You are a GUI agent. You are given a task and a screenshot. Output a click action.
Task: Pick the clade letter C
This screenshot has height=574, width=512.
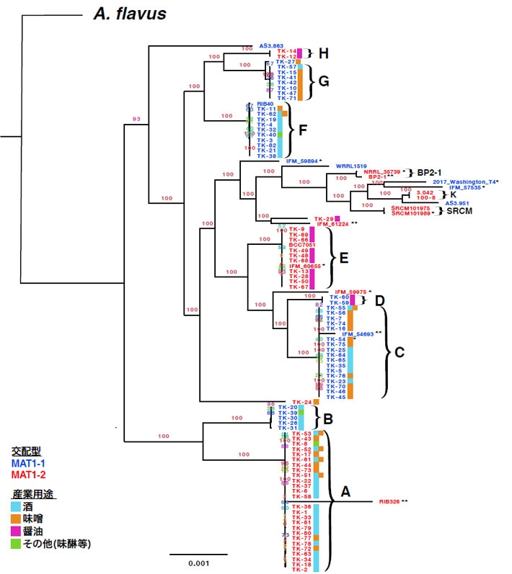coord(399,352)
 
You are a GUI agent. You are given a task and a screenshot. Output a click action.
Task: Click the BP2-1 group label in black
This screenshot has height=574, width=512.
coord(433,174)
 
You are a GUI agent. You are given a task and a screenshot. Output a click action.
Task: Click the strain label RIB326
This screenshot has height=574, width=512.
coord(389,501)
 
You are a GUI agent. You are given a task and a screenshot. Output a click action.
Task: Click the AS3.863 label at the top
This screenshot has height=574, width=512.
coord(270,45)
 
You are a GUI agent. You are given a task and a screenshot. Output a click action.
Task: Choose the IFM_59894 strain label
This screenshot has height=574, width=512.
coord(301,161)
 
